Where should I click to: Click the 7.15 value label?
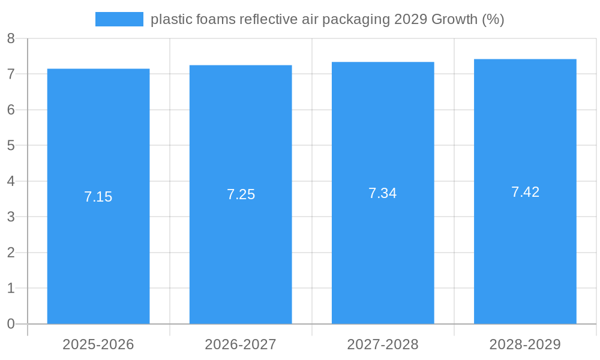point(98,197)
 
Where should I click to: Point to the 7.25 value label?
point(241,194)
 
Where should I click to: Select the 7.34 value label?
point(383,193)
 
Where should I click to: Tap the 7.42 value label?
point(525,192)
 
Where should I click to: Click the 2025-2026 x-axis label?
point(98,344)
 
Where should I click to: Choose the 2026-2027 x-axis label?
point(241,344)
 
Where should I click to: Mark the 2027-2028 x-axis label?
point(383,344)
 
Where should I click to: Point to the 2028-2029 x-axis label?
point(525,344)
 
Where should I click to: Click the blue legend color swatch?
point(119,19)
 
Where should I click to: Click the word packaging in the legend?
point(356,20)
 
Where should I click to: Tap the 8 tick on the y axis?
point(11,38)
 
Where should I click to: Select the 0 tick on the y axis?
point(11,324)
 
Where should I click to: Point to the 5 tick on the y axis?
point(11,145)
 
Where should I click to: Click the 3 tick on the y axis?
point(11,217)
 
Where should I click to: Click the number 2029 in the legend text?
point(410,19)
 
